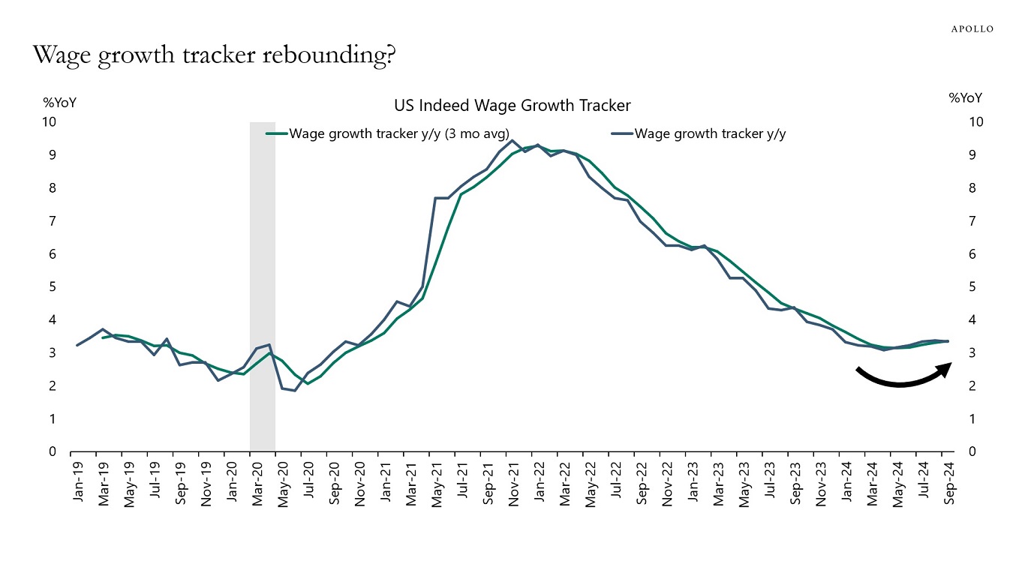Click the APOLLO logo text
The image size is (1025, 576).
tap(972, 29)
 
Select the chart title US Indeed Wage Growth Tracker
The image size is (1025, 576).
tap(512, 106)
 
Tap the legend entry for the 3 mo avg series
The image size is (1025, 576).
tap(398, 134)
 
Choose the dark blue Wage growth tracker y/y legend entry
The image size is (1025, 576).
tap(710, 134)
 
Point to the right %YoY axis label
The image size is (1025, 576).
tap(965, 98)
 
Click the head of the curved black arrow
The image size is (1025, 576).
tap(946, 367)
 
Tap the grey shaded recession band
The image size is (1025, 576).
tap(263, 285)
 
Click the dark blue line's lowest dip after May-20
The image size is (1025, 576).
tap(295, 391)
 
